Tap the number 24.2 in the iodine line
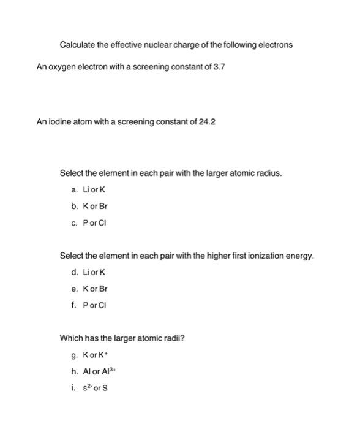click(208, 121)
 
